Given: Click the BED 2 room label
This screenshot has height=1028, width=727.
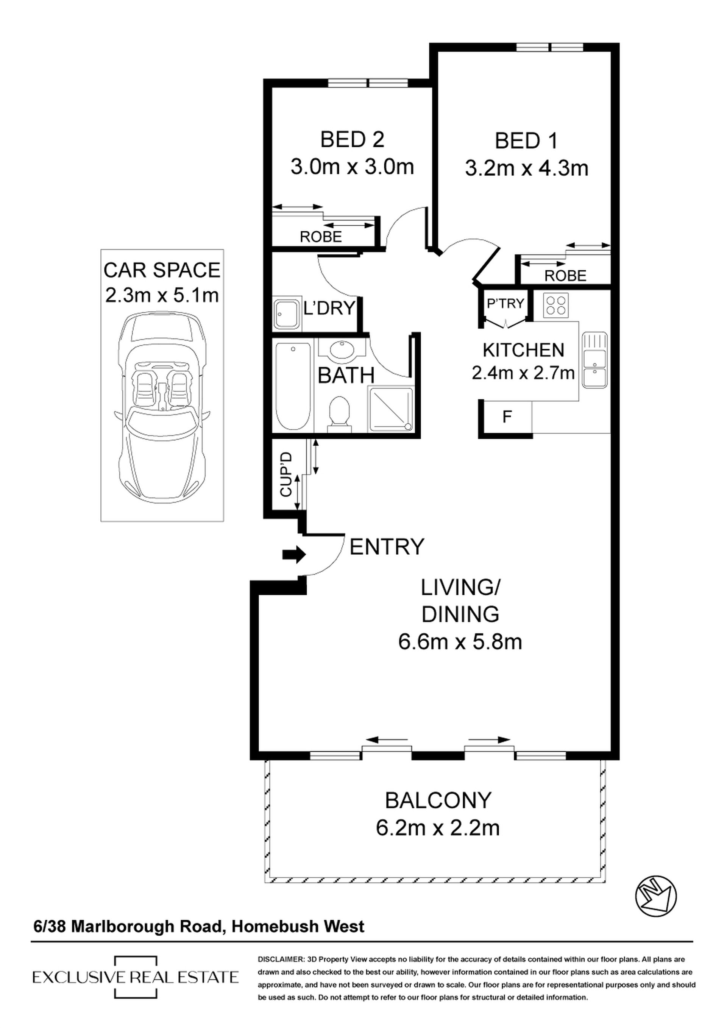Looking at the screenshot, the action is tap(352, 140).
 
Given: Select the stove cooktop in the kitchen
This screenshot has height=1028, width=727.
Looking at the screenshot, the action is tap(556, 305).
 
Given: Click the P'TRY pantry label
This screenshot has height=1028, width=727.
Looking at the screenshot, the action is tap(505, 304).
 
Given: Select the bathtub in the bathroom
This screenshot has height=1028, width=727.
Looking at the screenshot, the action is tap(293, 386).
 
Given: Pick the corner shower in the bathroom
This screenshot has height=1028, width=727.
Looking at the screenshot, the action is tap(390, 410).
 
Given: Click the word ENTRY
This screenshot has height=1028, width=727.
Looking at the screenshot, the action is tap(386, 547).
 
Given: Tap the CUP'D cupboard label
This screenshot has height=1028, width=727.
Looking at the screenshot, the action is tap(286, 474).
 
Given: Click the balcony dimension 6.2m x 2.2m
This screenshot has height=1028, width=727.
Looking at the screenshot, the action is tap(438, 827).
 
